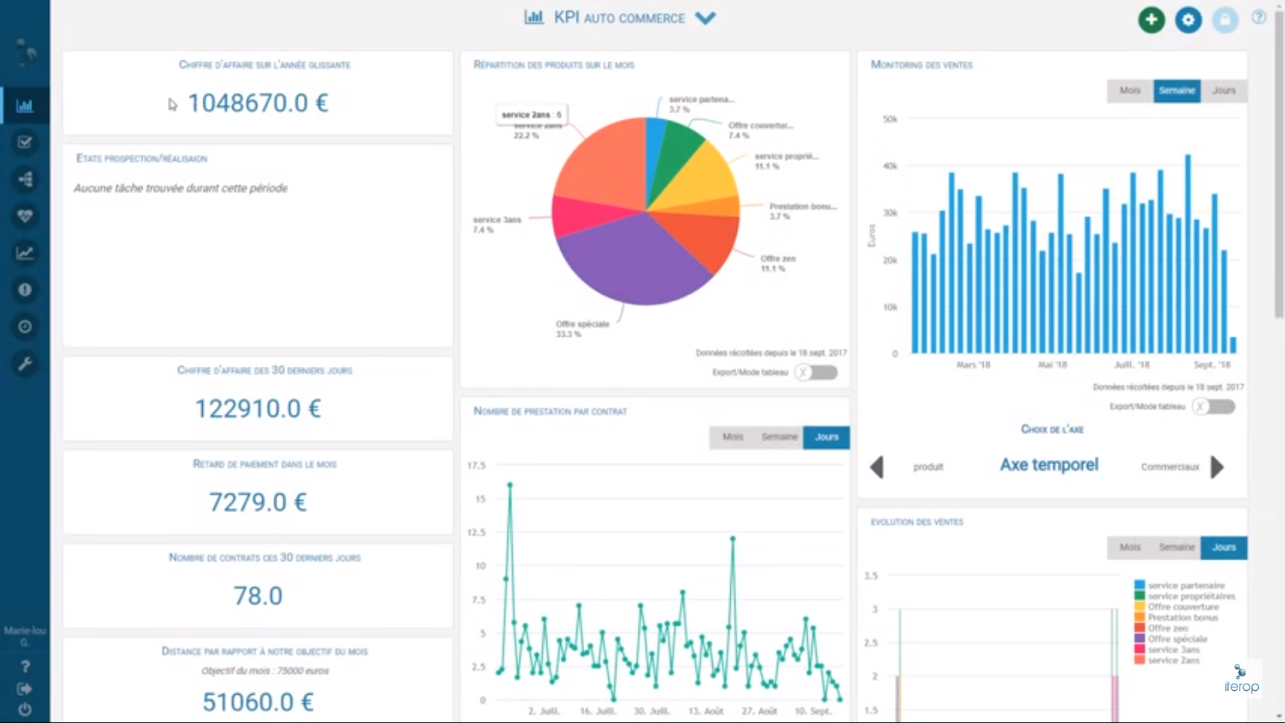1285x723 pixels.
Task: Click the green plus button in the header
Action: click(1151, 19)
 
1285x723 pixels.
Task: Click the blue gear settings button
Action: click(1188, 19)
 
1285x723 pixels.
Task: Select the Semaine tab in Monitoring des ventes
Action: click(1177, 90)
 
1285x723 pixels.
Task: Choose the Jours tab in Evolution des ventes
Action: click(1223, 548)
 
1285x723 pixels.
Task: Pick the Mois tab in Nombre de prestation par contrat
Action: click(732, 437)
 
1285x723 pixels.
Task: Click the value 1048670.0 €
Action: click(258, 103)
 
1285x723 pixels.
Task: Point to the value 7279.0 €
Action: click(258, 502)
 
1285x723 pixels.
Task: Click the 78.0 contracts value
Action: click(258, 596)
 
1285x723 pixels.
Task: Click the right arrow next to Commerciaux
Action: click(1217, 467)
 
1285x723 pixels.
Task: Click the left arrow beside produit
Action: click(877, 467)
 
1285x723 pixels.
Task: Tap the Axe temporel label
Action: click(1049, 465)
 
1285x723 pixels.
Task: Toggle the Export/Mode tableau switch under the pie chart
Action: click(817, 372)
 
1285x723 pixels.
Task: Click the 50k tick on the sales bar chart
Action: click(889, 119)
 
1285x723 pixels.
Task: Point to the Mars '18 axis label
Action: click(972, 365)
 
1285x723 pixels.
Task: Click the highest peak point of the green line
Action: click(510, 484)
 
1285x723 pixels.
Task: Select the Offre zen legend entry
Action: click(1168, 628)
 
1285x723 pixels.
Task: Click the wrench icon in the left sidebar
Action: click(25, 364)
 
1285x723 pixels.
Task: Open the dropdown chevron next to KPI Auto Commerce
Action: click(705, 18)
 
